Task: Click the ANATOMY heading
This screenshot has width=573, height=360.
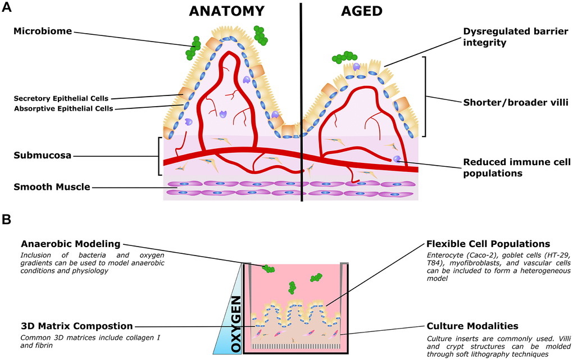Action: [x=226, y=11]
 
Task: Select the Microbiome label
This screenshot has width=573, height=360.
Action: [x=43, y=31]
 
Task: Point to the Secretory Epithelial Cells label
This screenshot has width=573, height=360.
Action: [x=61, y=98]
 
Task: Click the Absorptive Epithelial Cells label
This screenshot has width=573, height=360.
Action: [x=63, y=108]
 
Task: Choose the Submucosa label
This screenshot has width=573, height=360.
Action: [x=43, y=156]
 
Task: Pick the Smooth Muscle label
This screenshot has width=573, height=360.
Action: [x=52, y=187]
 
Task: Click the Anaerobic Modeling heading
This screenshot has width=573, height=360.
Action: [x=70, y=244]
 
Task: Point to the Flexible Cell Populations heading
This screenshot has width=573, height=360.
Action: [x=488, y=244]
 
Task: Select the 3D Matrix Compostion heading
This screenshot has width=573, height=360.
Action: [x=76, y=326]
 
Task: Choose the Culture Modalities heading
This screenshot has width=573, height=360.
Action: [x=472, y=326]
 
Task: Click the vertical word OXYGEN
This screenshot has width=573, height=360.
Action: [x=237, y=324]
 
